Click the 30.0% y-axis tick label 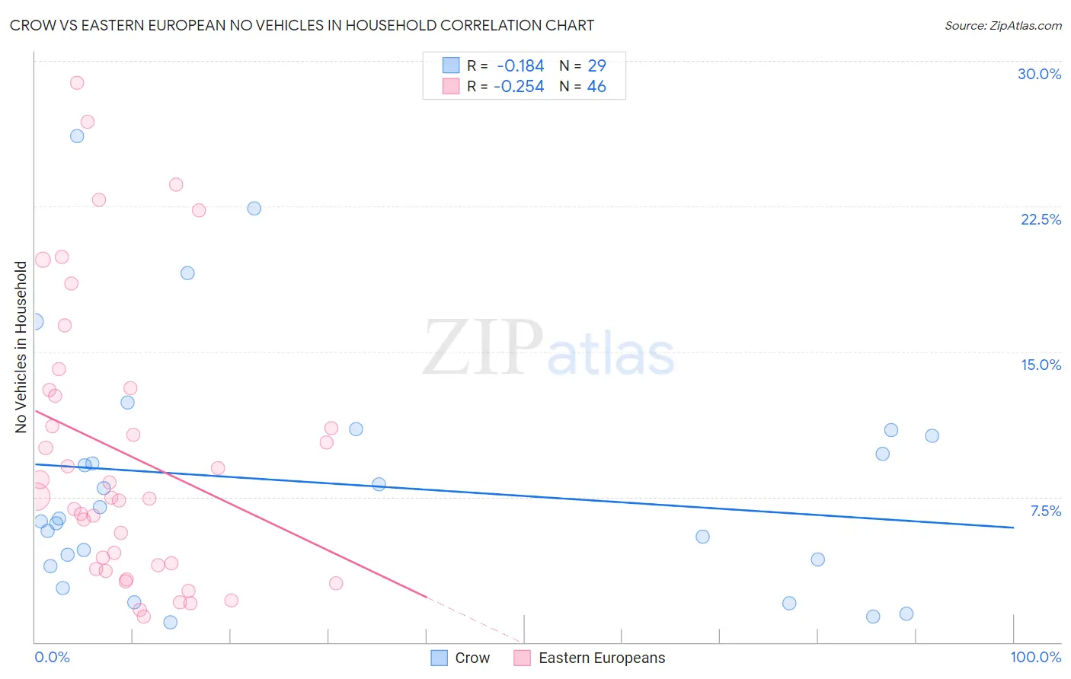[x=1039, y=74]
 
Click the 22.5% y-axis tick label [x=1041, y=219]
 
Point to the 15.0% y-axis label [x=1041, y=365]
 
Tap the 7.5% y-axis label [x=1045, y=511]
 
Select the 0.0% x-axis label [x=52, y=657]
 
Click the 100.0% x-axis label [x=1035, y=657]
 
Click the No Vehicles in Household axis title [x=21, y=347]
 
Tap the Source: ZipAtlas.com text [x=1002, y=25]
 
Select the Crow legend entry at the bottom [x=460, y=658]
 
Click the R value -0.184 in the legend [x=520, y=66]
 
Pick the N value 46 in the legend [x=596, y=87]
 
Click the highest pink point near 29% [x=77, y=83]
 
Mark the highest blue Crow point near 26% [x=77, y=136]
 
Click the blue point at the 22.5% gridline [x=254, y=209]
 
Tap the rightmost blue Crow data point [x=932, y=436]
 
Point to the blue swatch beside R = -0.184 [x=451, y=65]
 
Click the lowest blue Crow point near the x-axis [x=171, y=622]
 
